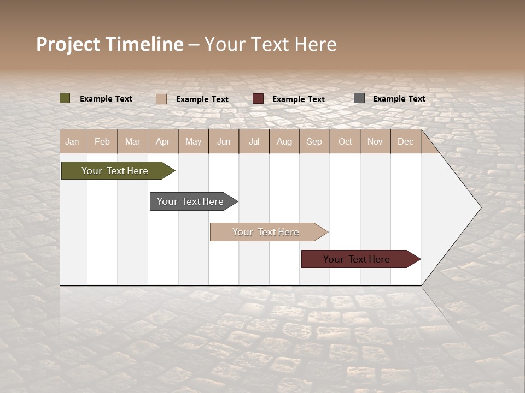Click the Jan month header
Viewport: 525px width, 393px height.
click(x=72, y=142)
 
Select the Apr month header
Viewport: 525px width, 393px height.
click(x=163, y=142)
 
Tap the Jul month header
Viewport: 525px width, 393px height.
click(x=254, y=142)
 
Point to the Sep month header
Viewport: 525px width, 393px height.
click(x=314, y=142)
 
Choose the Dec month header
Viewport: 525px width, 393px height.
click(x=405, y=142)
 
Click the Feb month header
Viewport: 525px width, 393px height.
click(x=102, y=142)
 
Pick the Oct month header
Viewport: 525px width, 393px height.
click(x=345, y=142)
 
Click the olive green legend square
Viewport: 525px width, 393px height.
click(x=65, y=98)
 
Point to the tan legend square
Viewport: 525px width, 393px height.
click(x=161, y=99)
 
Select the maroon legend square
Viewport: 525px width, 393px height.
click(x=258, y=99)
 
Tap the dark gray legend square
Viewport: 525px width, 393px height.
click(x=359, y=98)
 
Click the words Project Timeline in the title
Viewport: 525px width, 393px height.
click(x=110, y=44)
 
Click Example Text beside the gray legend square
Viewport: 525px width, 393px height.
click(x=399, y=99)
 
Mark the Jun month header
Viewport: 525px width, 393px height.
click(x=224, y=142)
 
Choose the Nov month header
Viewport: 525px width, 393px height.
click(x=375, y=142)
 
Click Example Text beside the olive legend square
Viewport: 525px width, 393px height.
click(x=106, y=99)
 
